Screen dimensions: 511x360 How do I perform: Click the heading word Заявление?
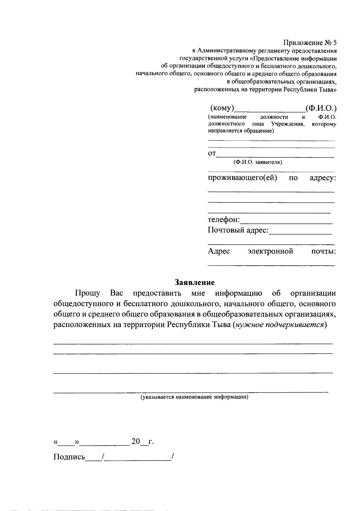point(195,282)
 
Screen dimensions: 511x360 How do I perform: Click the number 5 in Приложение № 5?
point(334,43)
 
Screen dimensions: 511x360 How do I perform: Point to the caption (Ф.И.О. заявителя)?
point(258,162)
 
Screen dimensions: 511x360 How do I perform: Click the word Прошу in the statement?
point(88,293)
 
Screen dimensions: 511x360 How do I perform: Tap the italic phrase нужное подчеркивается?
point(279,325)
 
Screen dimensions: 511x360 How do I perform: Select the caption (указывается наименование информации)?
point(195,397)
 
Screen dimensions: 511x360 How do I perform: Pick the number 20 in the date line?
point(136,441)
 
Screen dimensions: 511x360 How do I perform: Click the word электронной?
point(270,251)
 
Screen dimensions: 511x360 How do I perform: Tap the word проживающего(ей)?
point(242,178)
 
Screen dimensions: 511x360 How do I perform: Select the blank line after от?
point(275,156)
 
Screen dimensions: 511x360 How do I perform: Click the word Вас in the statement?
point(117,293)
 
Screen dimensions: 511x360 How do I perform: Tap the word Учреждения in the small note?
point(288,124)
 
